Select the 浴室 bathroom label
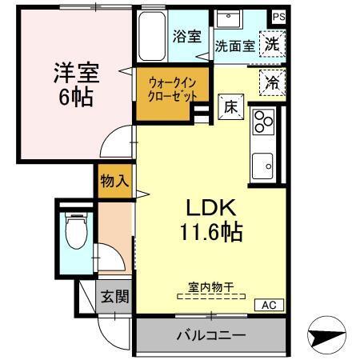point(187,36)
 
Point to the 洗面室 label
point(234,46)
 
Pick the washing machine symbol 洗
point(273,45)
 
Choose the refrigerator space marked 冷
point(273,81)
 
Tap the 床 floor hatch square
point(227,104)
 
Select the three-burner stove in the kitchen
point(263,122)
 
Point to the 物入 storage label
point(114,181)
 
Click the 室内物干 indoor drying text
point(211,286)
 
